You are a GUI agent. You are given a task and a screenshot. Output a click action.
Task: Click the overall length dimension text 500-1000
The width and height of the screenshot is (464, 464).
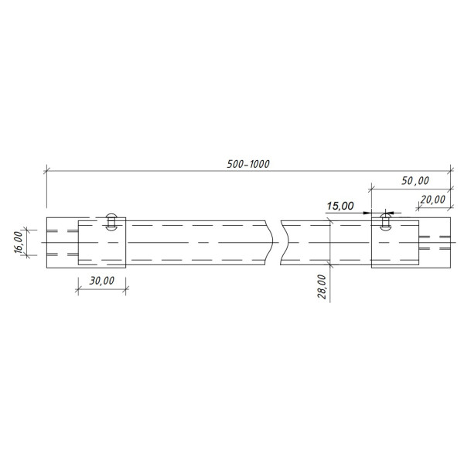(248, 163)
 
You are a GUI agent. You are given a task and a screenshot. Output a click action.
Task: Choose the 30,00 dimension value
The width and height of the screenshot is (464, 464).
(101, 281)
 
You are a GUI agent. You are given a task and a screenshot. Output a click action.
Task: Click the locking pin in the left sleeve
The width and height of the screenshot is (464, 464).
(112, 222)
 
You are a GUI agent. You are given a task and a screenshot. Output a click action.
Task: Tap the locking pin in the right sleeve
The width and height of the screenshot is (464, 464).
(384, 223)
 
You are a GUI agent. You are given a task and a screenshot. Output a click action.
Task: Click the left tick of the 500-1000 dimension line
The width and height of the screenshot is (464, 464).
(46, 169)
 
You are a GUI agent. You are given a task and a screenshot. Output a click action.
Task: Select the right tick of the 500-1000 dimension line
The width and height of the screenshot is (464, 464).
(451, 169)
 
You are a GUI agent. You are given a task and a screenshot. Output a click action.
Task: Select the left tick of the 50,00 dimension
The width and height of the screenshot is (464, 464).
(371, 188)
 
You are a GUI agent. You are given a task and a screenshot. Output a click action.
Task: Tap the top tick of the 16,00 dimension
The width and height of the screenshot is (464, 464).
(26, 230)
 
